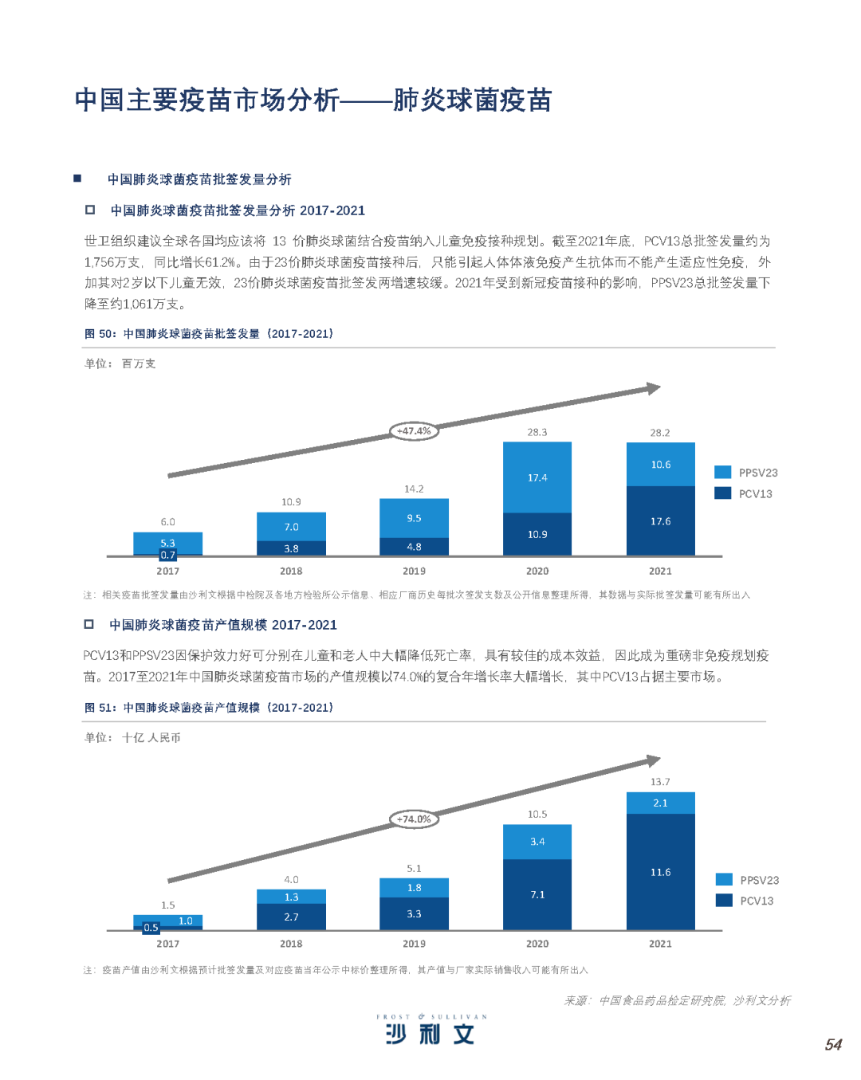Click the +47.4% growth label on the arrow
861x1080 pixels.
tap(414, 431)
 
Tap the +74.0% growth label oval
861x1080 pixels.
tap(414, 819)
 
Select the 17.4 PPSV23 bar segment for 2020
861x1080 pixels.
tap(537, 477)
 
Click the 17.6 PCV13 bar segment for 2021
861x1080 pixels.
tap(660, 521)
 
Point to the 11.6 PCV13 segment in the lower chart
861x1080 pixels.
tap(660, 872)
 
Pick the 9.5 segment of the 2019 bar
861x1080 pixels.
tap(414, 518)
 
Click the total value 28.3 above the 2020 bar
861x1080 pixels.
tap(537, 432)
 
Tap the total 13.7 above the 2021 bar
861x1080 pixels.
tap(660, 782)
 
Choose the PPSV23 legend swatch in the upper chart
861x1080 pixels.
tap(722, 472)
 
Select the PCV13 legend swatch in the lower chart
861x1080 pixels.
tap(724, 900)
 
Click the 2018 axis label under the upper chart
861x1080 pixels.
tap(291, 571)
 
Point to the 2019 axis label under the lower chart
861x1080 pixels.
tap(414, 944)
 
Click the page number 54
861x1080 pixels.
tap(833, 1044)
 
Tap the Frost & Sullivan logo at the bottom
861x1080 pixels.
tap(431, 1030)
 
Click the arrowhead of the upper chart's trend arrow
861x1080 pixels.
tap(654, 388)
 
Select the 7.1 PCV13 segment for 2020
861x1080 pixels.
tap(537, 894)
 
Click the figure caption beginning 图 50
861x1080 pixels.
tap(209, 334)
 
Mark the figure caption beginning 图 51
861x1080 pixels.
tap(209, 708)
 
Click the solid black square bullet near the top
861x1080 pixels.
tap(77, 179)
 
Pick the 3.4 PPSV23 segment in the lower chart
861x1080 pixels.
tap(537, 842)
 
